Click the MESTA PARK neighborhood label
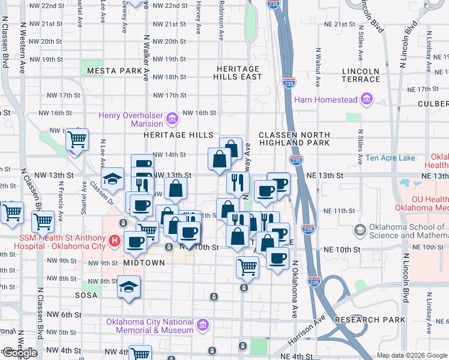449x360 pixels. click(114, 71)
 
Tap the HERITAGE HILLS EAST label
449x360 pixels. click(240, 73)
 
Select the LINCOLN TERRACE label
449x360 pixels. click(361, 75)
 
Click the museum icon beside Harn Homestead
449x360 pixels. click(366, 99)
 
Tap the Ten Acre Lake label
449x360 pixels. click(390, 158)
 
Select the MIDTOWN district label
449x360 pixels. click(143, 263)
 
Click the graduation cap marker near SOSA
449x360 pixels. click(128, 286)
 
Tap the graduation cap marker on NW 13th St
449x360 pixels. click(112, 179)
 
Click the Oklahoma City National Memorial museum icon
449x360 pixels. click(203, 325)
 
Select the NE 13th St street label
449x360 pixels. click(324, 175)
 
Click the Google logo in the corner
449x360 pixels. click(20, 353)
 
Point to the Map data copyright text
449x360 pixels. click(412, 355)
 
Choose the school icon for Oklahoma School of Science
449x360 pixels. click(360, 230)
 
